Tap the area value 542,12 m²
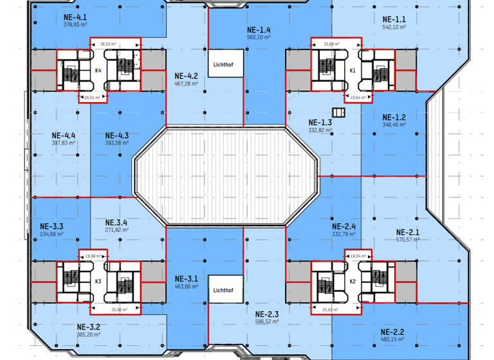pos(394,27)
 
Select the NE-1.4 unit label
pos(259,30)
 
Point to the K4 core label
pos(99,71)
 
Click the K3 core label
pos(98,282)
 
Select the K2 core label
pos(352,282)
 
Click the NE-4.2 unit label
pos(187,75)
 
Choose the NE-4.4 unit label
pos(64,135)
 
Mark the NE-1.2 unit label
pos(394,117)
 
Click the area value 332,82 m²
pos(320,130)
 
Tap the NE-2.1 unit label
pos(408,232)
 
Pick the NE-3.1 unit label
pos(187,279)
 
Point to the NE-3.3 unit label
pos(51,226)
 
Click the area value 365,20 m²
pos(88,334)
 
